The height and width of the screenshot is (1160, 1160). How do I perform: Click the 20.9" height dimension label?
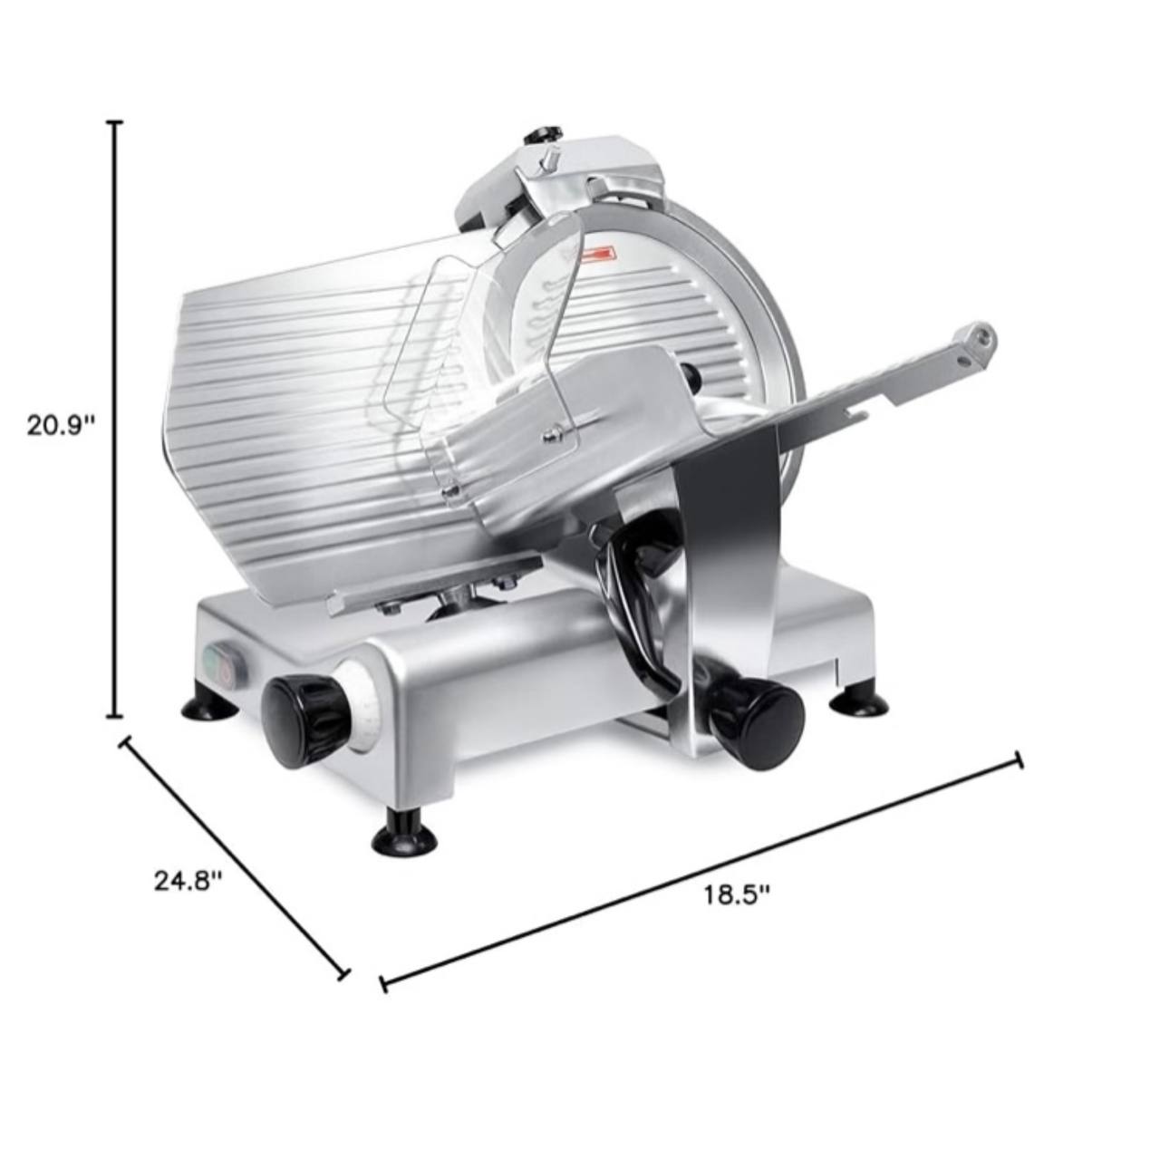61,426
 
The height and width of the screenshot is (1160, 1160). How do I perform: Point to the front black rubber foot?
404,836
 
